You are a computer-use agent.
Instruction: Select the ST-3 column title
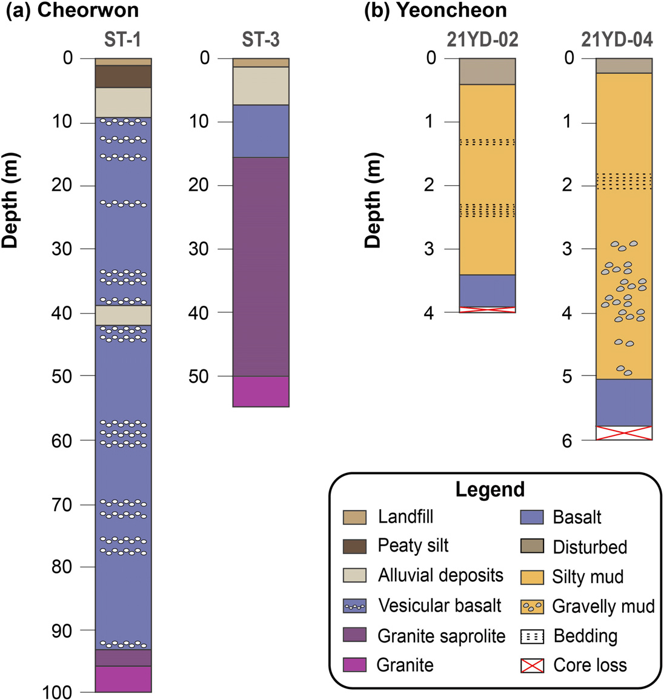(x=261, y=40)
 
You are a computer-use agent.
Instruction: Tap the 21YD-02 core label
(x=482, y=40)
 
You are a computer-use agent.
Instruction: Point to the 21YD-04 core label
(x=617, y=40)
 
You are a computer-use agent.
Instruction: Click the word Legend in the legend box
(x=490, y=489)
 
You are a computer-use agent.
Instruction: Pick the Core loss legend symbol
(x=532, y=665)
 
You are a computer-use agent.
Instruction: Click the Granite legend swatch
(x=354, y=665)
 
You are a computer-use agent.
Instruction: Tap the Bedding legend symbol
(x=532, y=636)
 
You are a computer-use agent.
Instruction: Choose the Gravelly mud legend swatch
(x=532, y=606)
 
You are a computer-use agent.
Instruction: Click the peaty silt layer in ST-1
(x=123, y=76)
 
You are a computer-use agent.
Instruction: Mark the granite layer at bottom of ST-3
(x=261, y=391)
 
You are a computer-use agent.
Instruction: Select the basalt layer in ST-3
(x=261, y=131)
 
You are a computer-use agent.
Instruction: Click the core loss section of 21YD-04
(x=624, y=433)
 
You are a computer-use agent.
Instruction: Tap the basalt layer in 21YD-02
(x=487, y=291)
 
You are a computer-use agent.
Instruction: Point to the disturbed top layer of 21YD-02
(x=487, y=71)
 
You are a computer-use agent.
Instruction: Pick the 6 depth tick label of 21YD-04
(x=566, y=441)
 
